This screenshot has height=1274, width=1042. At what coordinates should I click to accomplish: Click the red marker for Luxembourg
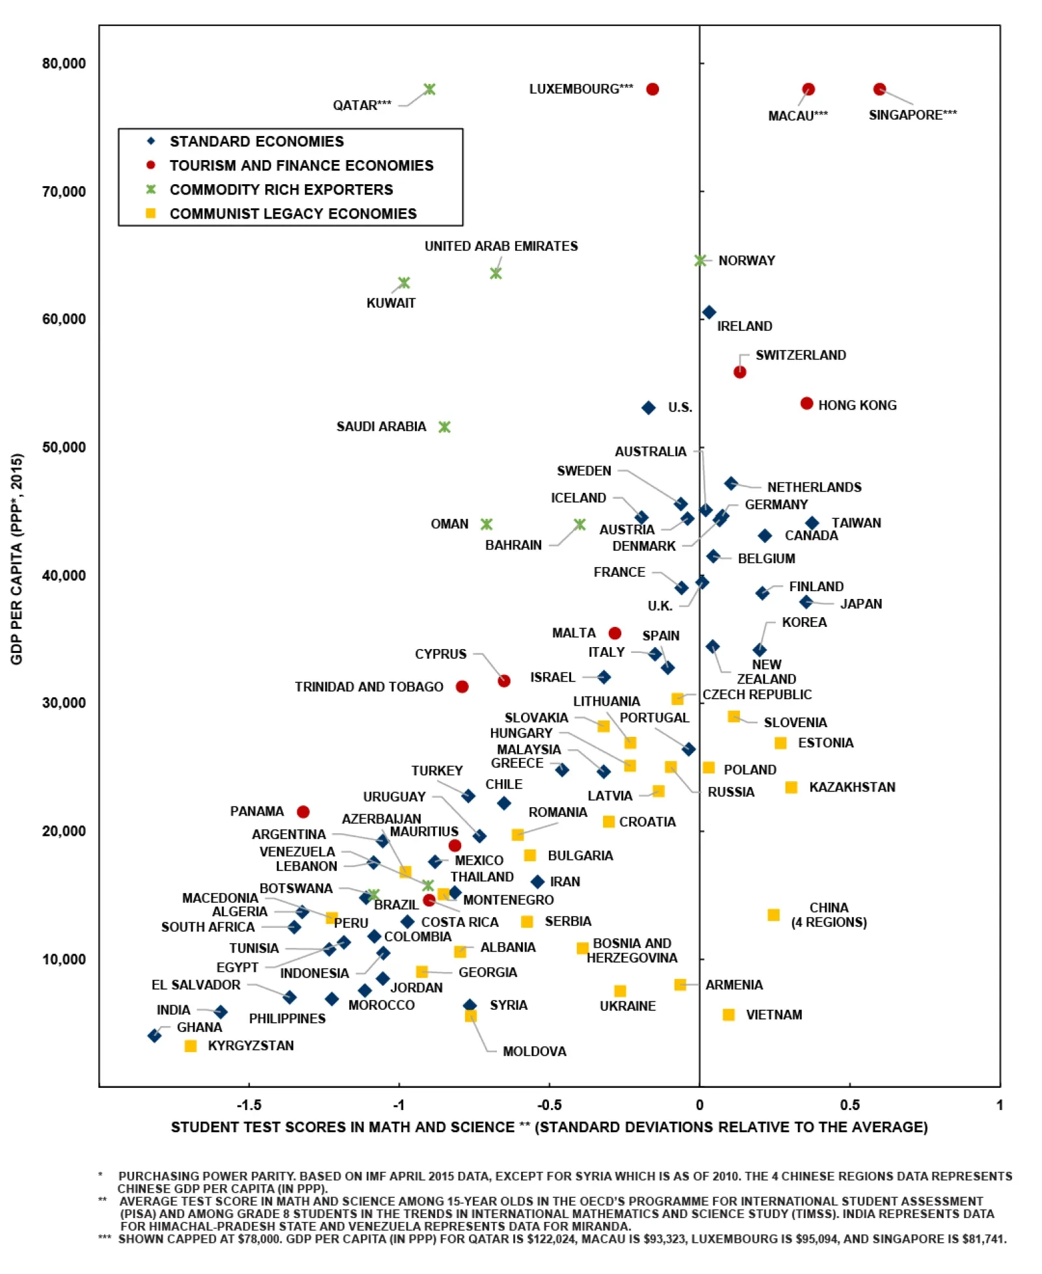pyautogui.click(x=653, y=89)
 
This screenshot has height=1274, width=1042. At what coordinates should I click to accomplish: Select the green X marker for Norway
pyautogui.click(x=700, y=260)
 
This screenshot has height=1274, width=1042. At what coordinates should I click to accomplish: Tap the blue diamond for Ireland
pyautogui.click(x=709, y=312)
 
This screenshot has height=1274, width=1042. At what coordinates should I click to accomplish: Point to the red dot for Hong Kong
pyautogui.click(x=807, y=404)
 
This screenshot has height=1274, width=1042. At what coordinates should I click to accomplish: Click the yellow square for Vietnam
pyautogui.click(x=729, y=1015)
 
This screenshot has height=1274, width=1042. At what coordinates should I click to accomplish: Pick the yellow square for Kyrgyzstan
pyautogui.click(x=190, y=1046)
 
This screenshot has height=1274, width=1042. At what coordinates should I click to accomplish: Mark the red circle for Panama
pyautogui.click(x=303, y=812)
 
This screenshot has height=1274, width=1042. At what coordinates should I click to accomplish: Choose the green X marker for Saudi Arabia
pyautogui.click(x=445, y=427)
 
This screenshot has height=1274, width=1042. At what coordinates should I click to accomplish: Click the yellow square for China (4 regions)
pyautogui.click(x=774, y=915)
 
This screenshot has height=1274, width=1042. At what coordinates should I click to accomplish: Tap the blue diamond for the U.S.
pyautogui.click(x=648, y=408)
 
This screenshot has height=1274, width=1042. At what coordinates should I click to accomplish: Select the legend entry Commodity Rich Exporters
pyautogui.click(x=281, y=189)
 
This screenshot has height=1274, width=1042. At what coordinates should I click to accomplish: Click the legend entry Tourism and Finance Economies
pyautogui.click(x=301, y=165)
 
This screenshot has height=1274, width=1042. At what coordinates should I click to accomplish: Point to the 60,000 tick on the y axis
pyautogui.click(x=64, y=319)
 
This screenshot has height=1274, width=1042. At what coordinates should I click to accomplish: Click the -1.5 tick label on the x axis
pyautogui.click(x=249, y=1105)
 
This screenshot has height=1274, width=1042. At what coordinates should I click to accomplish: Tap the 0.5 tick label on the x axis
pyautogui.click(x=849, y=1105)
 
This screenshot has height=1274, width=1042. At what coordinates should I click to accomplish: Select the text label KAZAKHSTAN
pyautogui.click(x=852, y=787)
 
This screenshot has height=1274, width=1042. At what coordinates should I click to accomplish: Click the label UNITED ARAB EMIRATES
pyautogui.click(x=501, y=246)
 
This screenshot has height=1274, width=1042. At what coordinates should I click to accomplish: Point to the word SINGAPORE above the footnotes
pyautogui.click(x=905, y=115)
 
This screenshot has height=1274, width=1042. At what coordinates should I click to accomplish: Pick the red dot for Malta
pyautogui.click(x=615, y=633)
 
